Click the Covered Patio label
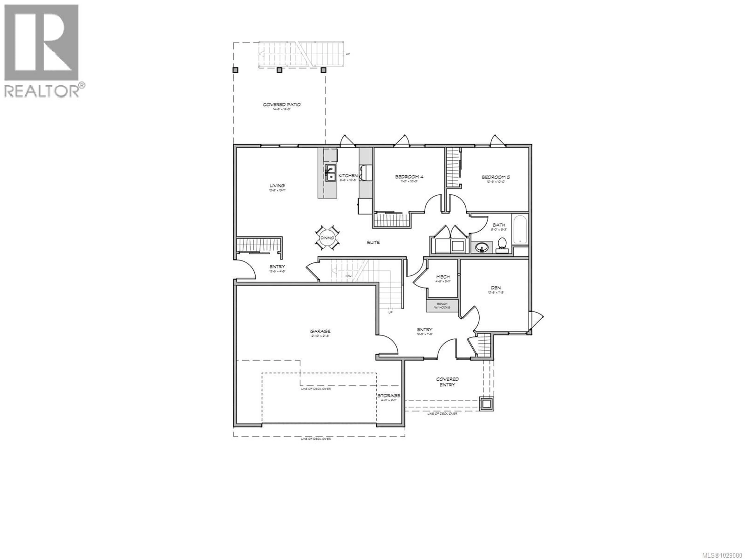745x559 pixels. pyautogui.click(x=282, y=105)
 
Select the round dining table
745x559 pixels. pyautogui.click(x=327, y=238)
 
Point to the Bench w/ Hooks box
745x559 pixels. pyautogui.click(x=442, y=306)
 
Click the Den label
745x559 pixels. pyautogui.click(x=496, y=288)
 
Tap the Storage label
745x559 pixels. pyautogui.click(x=388, y=395)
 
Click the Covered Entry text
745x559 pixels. pyautogui.click(x=447, y=382)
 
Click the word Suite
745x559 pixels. pyautogui.click(x=373, y=242)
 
